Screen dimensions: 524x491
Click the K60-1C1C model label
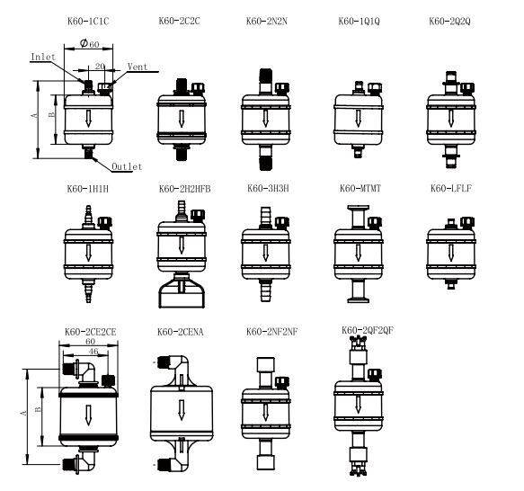coord(88,22)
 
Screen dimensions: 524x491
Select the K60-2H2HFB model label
coord(185,189)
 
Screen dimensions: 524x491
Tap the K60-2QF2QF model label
coord(368,330)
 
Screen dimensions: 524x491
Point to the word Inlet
coord(43,57)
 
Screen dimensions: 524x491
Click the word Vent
coord(138,67)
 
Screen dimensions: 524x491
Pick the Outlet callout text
coord(127,166)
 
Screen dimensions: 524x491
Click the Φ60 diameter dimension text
coord(89,43)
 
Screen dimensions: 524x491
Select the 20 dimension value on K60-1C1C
coord(100,67)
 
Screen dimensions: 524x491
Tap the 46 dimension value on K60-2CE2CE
coord(93,352)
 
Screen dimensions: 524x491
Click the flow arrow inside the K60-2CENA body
coord(182,409)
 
